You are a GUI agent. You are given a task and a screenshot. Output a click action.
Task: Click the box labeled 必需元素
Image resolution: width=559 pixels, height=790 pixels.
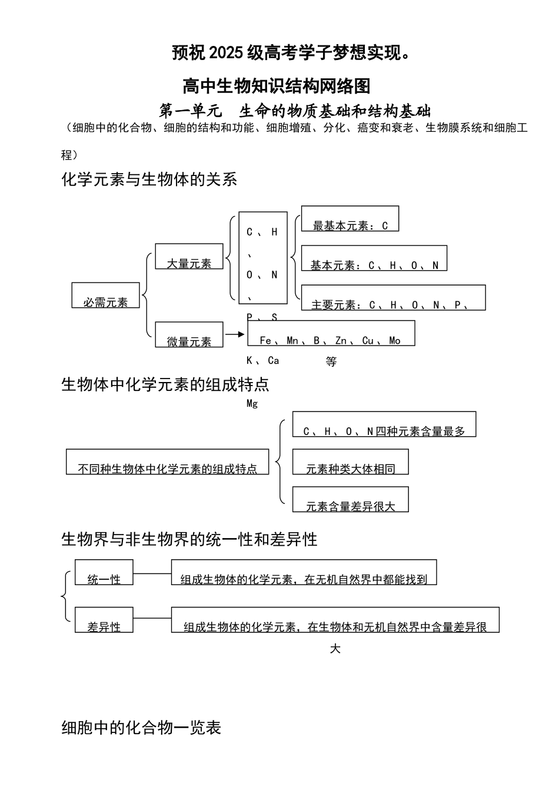click(x=105, y=296)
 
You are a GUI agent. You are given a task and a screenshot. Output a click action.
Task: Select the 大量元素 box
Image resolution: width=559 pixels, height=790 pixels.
click(x=189, y=257)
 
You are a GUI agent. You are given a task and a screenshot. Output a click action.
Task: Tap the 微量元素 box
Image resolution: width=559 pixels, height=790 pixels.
click(x=189, y=335)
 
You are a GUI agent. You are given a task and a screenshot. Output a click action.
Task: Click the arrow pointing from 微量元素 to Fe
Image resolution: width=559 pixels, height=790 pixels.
click(x=235, y=334)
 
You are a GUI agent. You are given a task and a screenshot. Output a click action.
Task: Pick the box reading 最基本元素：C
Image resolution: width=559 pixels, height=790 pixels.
click(x=350, y=219)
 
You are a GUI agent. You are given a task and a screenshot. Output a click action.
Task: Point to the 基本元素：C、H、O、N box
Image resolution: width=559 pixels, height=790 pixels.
click(x=374, y=258)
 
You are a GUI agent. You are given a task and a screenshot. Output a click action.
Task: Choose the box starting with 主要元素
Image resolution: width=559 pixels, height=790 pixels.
click(x=393, y=298)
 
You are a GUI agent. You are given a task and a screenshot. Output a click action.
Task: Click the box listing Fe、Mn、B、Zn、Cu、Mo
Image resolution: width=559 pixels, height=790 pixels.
click(x=331, y=333)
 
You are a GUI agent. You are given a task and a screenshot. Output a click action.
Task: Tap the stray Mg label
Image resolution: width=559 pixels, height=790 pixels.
click(x=252, y=404)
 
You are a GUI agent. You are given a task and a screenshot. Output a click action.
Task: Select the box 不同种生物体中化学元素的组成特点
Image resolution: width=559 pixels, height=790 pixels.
click(x=167, y=462)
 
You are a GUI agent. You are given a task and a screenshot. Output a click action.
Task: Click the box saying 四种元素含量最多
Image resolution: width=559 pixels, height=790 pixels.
click(x=384, y=424)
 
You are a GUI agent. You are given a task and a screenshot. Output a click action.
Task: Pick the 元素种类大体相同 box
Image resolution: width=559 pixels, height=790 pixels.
click(x=350, y=462)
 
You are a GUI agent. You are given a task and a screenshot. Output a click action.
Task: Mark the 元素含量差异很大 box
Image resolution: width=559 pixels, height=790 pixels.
click(x=350, y=500)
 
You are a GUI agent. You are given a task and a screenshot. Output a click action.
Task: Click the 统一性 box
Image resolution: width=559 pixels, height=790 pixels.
click(x=104, y=572)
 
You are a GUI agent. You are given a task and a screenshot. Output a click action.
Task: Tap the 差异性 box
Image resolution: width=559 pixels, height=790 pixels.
click(x=104, y=620)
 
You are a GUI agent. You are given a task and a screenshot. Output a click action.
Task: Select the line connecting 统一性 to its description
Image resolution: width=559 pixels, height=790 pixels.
click(x=152, y=573)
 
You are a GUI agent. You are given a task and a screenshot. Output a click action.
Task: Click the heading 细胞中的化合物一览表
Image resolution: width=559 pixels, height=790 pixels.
click(x=141, y=728)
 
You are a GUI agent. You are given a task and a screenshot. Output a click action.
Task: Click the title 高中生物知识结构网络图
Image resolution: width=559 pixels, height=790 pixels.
click(x=277, y=86)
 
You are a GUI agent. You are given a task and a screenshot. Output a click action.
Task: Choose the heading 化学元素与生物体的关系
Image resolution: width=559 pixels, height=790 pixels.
click(x=149, y=179)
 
